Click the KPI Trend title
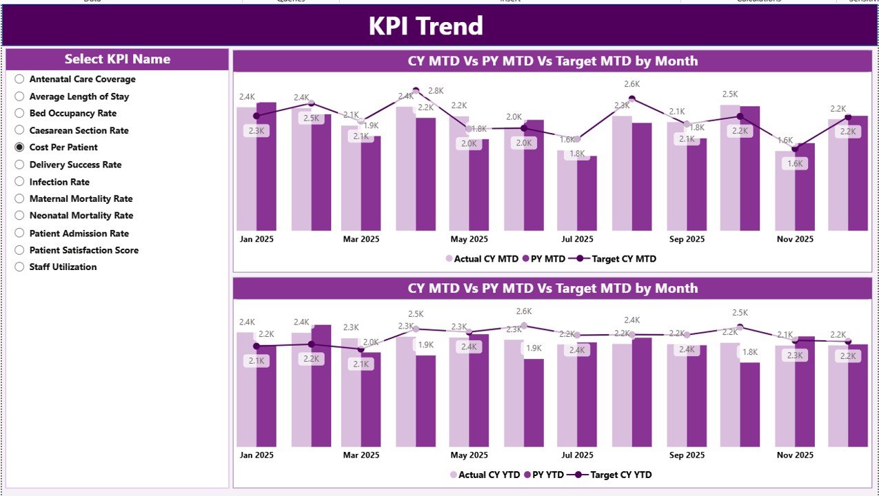coord(425,26)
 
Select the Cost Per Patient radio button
coord(19,147)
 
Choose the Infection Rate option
coord(19,182)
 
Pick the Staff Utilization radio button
coord(19,267)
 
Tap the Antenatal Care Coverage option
coord(19,79)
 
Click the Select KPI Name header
coord(117,59)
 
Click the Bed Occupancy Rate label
coord(72,114)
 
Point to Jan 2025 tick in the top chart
coord(256,239)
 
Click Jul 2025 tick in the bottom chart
coord(577,455)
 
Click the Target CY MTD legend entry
coord(617,259)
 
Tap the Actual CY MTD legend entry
coord(482,259)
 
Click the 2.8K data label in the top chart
coord(435,91)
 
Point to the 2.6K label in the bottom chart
coord(524,311)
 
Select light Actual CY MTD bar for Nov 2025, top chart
coord(785,200)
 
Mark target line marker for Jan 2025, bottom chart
coord(256,346)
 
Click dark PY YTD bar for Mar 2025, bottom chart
coord(371,400)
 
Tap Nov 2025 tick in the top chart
coord(794,239)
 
